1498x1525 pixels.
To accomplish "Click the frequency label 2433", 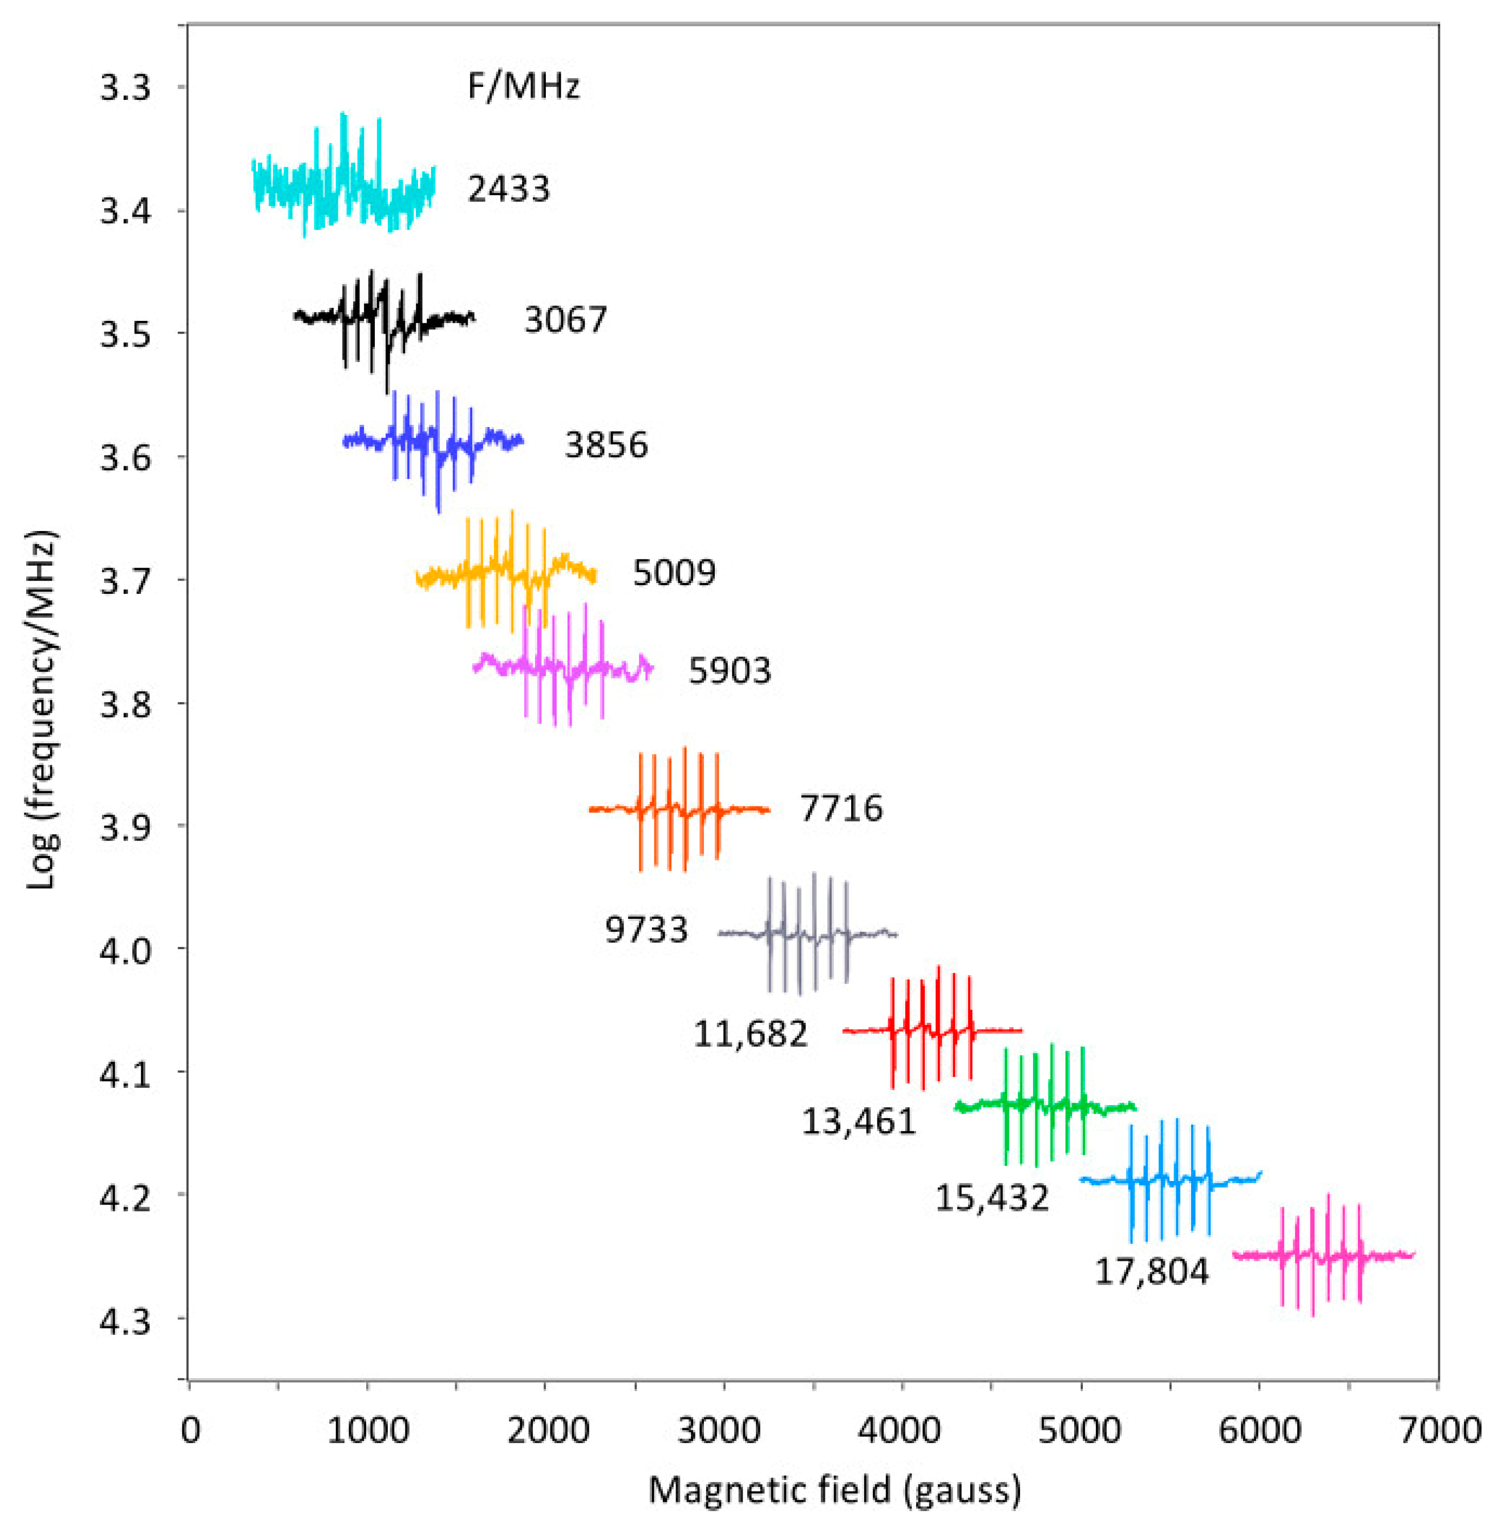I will coord(508,190).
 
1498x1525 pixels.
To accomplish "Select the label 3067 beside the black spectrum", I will coord(566,320).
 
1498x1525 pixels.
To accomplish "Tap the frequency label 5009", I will coord(674,573).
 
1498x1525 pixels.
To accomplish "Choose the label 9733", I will coord(646,930).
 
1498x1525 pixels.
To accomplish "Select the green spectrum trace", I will coord(1046,1106).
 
